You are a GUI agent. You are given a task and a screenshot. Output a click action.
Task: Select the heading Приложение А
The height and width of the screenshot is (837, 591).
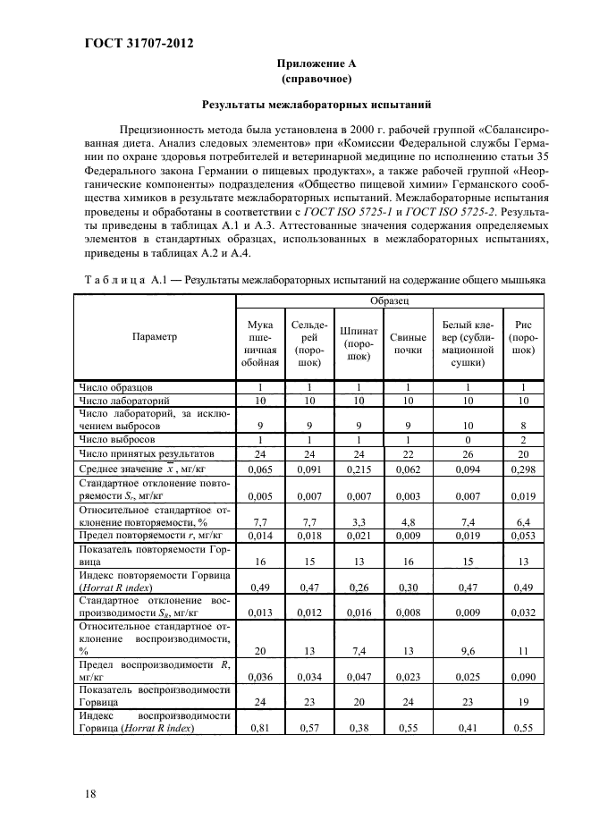pyautogui.click(x=303, y=64)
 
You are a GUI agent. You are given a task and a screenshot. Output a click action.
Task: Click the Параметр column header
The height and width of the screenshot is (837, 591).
pyautogui.click(x=155, y=337)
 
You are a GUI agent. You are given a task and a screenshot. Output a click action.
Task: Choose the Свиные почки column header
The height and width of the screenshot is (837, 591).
pyautogui.click(x=408, y=343)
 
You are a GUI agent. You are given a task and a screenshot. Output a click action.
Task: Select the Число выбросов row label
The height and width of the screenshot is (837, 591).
pyautogui.click(x=117, y=440)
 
